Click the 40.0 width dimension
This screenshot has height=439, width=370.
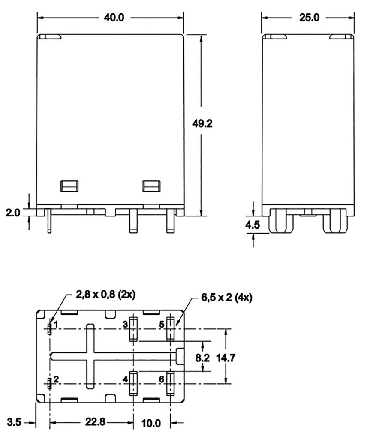(114, 18)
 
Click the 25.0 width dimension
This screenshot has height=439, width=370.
(310, 18)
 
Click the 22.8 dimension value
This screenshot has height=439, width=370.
(95, 422)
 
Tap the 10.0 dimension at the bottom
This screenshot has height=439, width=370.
(151, 424)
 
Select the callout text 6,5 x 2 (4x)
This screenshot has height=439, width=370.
(226, 297)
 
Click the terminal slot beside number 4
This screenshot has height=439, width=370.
(133, 383)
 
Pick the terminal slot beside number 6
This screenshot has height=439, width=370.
(171, 383)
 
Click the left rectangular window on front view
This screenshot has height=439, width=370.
(69, 186)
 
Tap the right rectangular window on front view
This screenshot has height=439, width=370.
(151, 186)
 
